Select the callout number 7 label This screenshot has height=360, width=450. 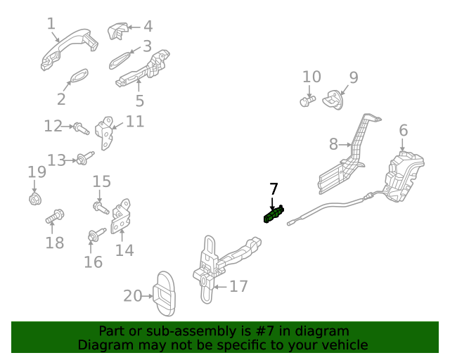click(x=274, y=189)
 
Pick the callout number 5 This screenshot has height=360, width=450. click(x=140, y=101)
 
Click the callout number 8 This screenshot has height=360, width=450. click(x=333, y=145)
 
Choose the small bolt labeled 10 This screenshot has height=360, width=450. click(x=306, y=102)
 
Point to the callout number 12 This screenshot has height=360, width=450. click(x=53, y=127)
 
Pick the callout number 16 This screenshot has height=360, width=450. click(x=93, y=262)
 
